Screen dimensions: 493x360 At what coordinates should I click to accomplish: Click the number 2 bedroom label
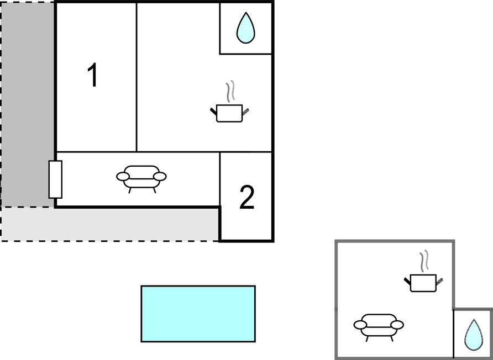(x=247, y=197)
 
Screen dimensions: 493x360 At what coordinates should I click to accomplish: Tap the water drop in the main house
(x=245, y=28)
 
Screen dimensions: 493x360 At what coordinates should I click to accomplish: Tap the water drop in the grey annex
(x=474, y=335)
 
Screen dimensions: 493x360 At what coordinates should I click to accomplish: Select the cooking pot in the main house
(x=229, y=113)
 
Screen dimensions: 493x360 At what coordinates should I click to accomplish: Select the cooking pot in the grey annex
(x=423, y=283)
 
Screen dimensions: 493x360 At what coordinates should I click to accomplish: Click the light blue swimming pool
(x=198, y=314)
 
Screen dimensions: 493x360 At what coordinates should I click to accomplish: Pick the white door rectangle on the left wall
(x=55, y=179)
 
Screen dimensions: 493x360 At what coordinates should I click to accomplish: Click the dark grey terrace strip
(x=28, y=104)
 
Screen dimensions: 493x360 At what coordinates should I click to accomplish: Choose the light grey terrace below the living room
(x=110, y=224)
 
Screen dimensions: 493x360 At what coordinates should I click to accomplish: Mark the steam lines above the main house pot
(x=230, y=91)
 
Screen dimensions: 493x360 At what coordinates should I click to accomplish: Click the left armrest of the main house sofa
(x=123, y=177)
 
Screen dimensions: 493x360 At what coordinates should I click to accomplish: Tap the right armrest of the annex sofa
(x=397, y=325)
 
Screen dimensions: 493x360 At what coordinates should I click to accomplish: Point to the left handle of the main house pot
(x=213, y=111)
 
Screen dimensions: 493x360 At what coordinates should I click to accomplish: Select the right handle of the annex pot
(x=439, y=280)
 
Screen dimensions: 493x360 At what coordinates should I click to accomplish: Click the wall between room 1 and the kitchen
(x=137, y=77)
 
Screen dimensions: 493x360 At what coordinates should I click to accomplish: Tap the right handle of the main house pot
(x=245, y=111)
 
